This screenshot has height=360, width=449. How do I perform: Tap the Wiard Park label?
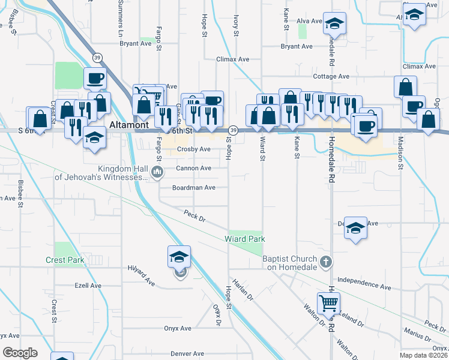pos(245,239)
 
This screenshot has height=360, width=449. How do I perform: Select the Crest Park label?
pos(65,260)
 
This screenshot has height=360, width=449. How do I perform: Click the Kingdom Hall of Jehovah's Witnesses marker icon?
pos(158,173)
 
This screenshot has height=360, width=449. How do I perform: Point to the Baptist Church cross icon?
pos(325,261)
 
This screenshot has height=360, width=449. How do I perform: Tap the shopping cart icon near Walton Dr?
pos(328,304)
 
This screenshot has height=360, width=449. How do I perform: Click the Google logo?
pos(20,353)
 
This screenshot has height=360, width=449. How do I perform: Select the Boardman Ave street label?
pos(193,187)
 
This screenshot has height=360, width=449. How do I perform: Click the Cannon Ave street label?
pos(193,168)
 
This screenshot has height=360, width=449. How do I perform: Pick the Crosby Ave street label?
pos(193,149)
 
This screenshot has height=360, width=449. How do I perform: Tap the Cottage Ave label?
pos(331,76)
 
